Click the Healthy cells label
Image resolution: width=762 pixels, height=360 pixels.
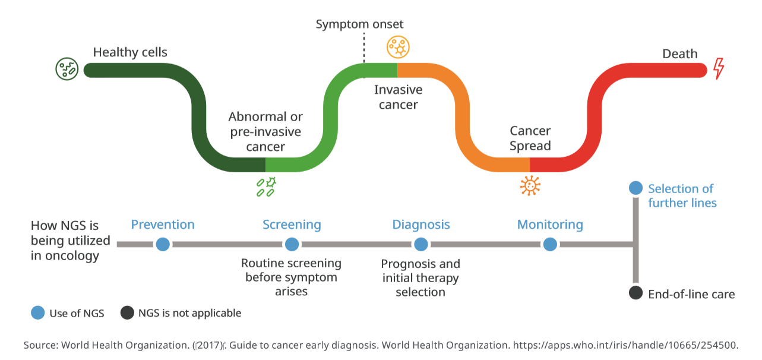(130, 52)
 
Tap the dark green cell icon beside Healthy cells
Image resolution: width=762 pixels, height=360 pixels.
(67, 70)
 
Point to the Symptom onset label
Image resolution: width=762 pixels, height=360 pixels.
(359, 24)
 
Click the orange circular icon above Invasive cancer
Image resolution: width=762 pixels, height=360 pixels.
(397, 47)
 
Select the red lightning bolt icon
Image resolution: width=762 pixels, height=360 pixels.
(719, 68)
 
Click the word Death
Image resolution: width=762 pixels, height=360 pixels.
(679, 54)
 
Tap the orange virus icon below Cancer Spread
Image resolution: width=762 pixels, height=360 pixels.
(530, 185)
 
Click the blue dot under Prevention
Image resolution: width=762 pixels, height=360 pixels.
(163, 244)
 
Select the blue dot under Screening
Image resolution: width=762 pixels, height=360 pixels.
(292, 244)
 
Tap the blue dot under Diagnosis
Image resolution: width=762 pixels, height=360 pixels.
(420, 244)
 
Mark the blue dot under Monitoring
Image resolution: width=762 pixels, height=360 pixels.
(550, 244)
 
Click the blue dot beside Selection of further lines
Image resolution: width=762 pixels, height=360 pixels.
(635, 188)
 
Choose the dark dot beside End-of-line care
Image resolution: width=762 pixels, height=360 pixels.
(635, 293)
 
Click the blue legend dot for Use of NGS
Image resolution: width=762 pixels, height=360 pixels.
(38, 313)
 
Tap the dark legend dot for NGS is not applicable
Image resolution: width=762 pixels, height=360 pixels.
(127, 313)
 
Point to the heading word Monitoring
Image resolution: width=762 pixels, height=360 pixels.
(550, 225)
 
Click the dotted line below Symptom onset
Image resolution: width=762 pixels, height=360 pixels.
(364, 48)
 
